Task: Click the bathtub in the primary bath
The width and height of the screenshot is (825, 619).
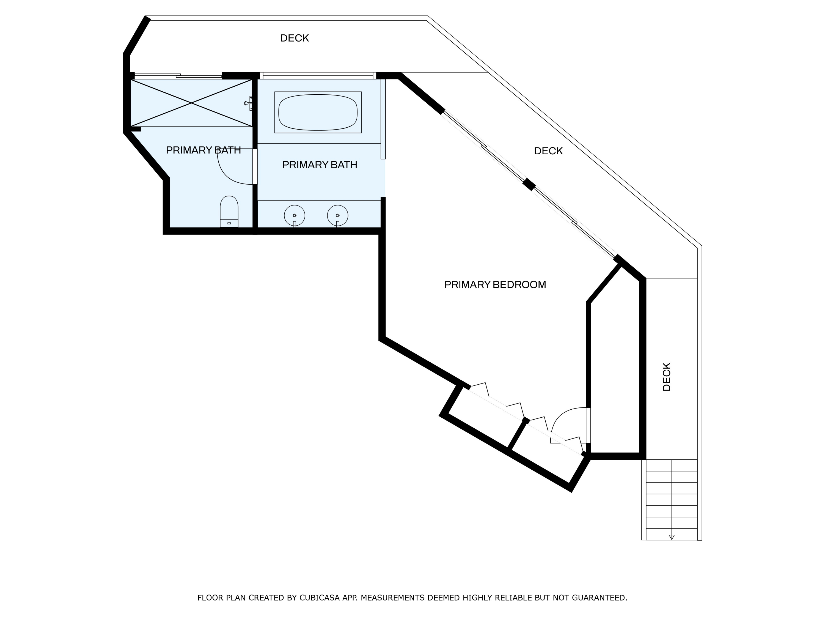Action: point(318,112)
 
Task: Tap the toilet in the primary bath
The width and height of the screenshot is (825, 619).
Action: point(229,211)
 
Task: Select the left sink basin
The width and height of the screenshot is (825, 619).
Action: point(295,216)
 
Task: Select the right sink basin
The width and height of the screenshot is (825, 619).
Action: point(337,216)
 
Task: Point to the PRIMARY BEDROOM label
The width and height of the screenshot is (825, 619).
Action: point(495,285)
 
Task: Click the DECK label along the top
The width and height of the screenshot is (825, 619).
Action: point(294,38)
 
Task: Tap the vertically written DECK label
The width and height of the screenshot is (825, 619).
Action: point(667,377)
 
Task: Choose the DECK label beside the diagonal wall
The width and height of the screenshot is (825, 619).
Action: point(548,151)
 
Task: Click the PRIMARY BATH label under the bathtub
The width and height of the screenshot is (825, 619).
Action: point(320,165)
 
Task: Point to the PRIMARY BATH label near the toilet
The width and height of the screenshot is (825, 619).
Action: point(203,150)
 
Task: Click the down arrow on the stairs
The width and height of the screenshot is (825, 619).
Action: point(672,537)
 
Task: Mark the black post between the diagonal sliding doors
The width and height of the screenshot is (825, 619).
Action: point(529,184)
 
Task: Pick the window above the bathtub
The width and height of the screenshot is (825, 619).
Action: point(318,76)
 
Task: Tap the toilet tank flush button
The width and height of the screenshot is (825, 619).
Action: point(229,223)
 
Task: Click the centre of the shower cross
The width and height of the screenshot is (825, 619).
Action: point(191,103)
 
